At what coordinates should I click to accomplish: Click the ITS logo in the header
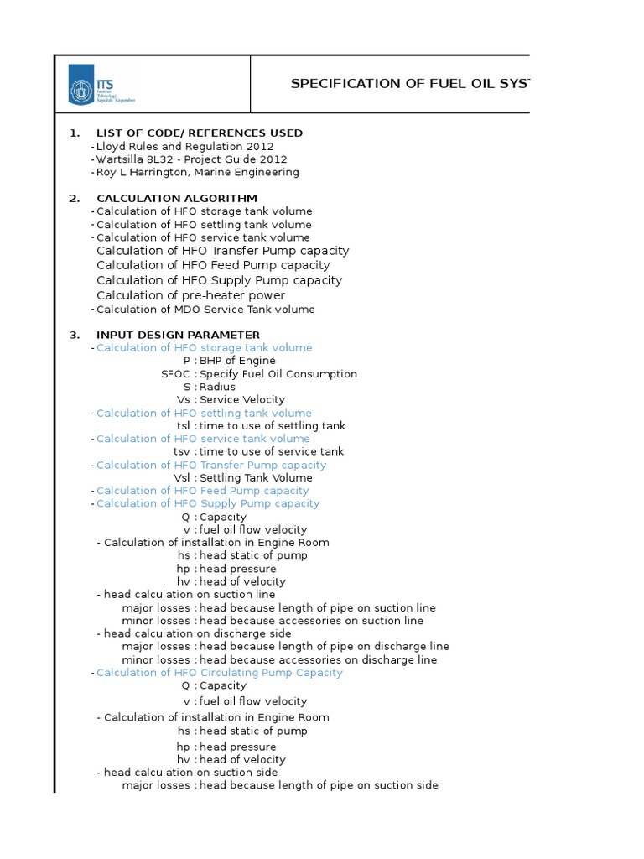101,85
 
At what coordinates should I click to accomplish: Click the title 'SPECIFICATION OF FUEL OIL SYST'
409,84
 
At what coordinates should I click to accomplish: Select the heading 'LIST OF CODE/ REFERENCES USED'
200,133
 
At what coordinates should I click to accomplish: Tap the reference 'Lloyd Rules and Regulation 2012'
185,147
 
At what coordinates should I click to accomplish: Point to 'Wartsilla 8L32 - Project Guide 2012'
192,159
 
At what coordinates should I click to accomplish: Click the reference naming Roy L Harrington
198,173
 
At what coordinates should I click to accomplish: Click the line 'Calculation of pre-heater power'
190,295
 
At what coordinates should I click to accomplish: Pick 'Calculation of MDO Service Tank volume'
205,310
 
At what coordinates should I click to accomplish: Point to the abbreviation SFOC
176,374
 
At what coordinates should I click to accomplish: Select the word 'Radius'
217,387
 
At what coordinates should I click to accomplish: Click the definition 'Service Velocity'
242,400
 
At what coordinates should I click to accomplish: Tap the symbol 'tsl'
184,426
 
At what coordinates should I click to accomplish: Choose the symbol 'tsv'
182,451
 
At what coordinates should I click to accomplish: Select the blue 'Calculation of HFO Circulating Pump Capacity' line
220,673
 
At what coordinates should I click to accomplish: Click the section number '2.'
75,199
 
